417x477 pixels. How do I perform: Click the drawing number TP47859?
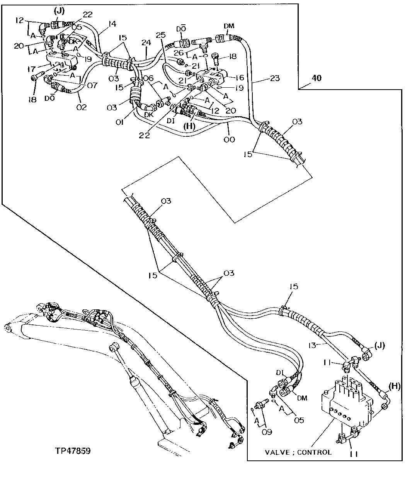[x=73, y=451]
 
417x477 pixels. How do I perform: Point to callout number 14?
[x=112, y=24]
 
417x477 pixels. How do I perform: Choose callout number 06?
[x=148, y=78]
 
